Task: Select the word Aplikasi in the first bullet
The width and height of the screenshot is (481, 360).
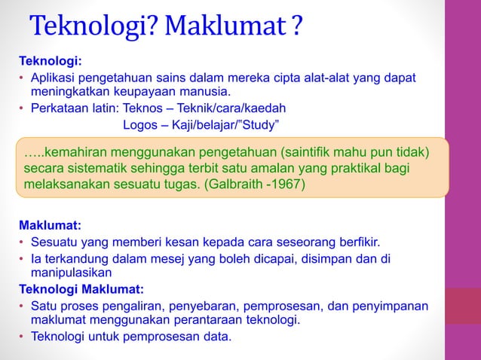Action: pos(54,79)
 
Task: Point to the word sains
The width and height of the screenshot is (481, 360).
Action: pos(176,79)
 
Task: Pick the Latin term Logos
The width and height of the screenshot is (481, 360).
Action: pos(140,124)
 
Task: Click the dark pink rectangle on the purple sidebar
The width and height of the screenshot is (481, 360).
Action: pos(462,306)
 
